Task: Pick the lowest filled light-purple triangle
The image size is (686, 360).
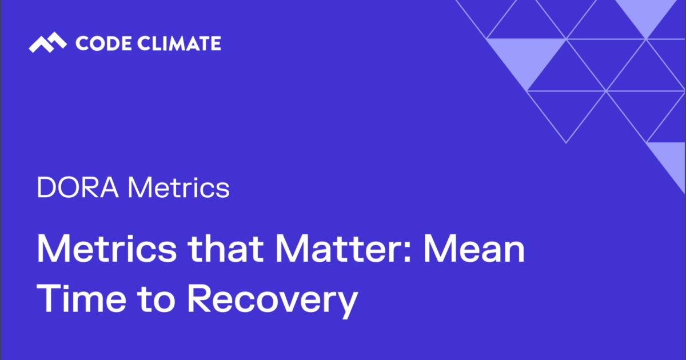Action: tap(670, 160)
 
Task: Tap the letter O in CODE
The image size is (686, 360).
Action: tap(92, 43)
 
